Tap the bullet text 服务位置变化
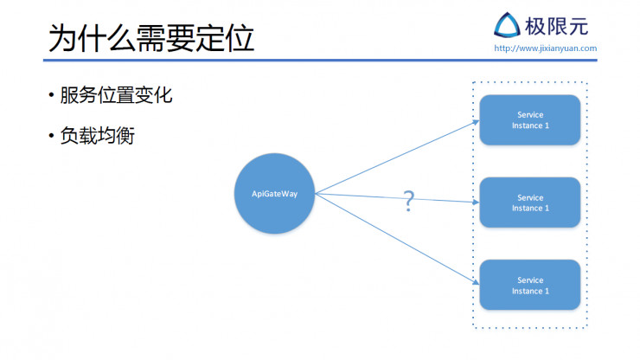tap(116, 96)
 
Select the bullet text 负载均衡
tap(97, 136)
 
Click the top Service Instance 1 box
tap(529, 120)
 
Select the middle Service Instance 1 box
tap(529, 202)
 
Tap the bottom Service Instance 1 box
tap(529, 286)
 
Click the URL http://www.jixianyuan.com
tap(545, 48)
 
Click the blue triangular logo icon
tap(507, 25)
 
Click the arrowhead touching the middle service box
tap(476, 202)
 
